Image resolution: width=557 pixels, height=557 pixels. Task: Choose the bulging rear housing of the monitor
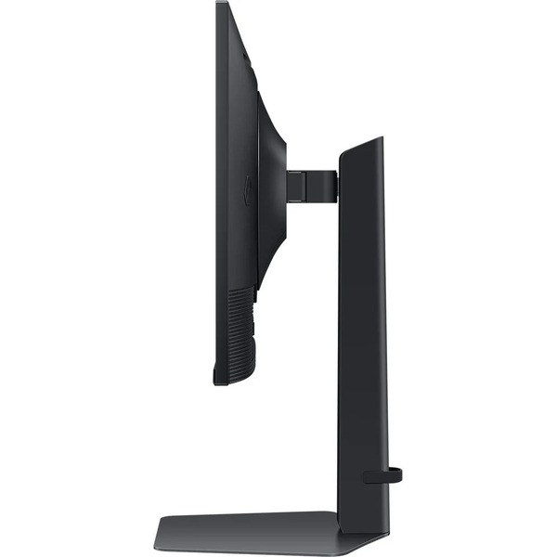click(x=270, y=186)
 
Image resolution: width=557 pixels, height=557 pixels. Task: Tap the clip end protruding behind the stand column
click(x=396, y=475)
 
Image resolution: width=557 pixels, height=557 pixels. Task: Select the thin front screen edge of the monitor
click(x=220, y=186)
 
